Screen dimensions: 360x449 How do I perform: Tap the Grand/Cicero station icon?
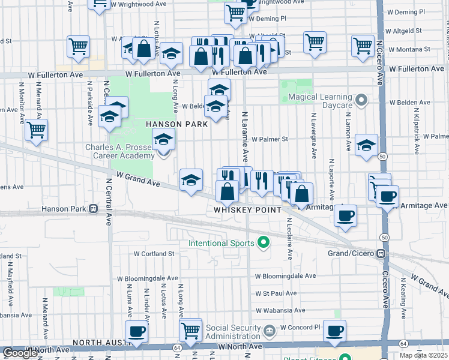point(381,253)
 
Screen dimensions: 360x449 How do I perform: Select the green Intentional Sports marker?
point(262,243)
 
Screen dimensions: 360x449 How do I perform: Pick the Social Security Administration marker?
point(269,329)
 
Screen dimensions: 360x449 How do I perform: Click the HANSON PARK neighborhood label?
point(176,124)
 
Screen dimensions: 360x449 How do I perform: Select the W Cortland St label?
point(154,254)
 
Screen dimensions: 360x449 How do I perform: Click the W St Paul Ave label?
point(276,293)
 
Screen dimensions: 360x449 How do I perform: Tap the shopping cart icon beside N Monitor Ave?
point(37,129)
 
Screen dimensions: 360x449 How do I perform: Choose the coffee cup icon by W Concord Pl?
point(334,330)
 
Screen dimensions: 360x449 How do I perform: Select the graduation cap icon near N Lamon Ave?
point(366,145)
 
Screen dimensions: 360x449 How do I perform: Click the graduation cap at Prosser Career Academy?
point(163,140)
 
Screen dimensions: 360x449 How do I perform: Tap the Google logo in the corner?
point(20,353)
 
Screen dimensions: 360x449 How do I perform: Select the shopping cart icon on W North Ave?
point(190,329)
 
